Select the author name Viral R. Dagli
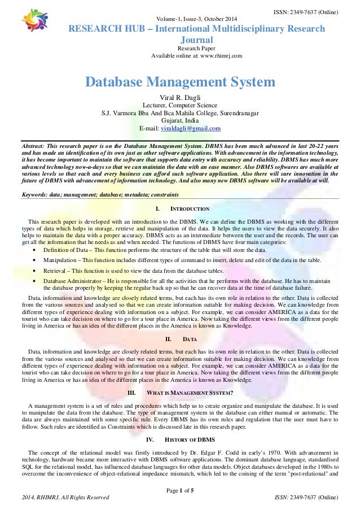[x=179, y=97]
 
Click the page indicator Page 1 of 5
[x=179, y=489]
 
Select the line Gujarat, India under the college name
[x=179, y=120]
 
